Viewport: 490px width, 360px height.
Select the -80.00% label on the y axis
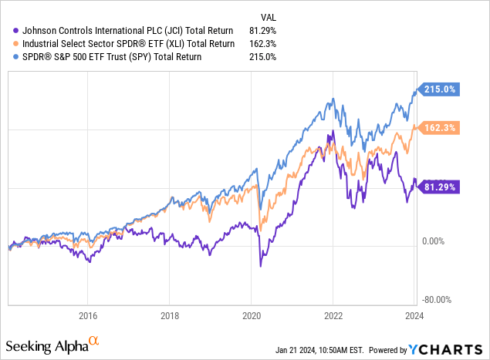pyautogui.click(x=438, y=300)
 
